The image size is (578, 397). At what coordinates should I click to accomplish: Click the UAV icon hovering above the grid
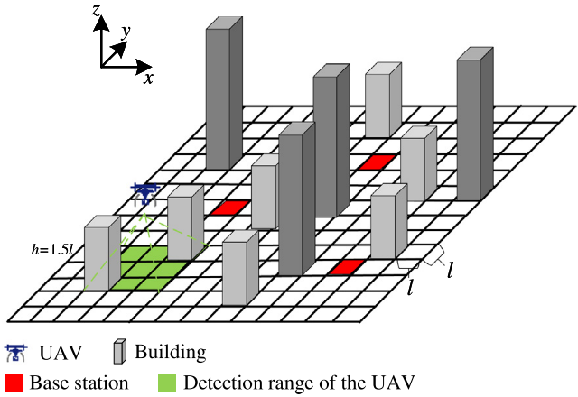(144, 192)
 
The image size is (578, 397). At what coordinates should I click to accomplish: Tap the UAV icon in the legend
(15, 352)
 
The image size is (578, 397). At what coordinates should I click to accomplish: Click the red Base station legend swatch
(14, 382)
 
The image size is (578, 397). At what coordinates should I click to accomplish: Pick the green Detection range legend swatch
(168, 382)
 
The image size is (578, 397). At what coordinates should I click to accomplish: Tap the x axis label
(147, 78)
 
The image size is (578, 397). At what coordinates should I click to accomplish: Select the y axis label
(126, 32)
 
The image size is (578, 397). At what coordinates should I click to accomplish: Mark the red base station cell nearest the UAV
(230, 208)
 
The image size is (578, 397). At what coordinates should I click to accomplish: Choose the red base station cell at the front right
(346, 267)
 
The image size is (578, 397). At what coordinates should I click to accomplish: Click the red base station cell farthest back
(377, 162)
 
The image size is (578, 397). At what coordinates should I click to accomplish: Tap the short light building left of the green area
(102, 253)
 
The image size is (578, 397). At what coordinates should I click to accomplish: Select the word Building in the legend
(171, 352)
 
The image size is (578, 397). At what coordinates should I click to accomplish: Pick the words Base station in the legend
(79, 382)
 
